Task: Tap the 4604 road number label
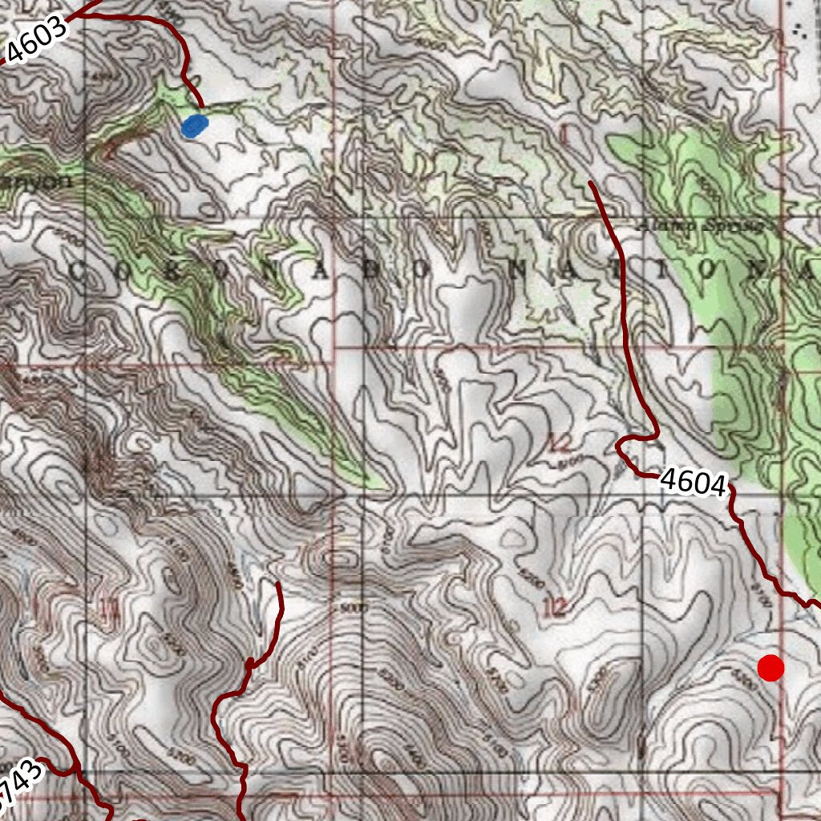tap(694, 483)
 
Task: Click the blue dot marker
tap(195, 126)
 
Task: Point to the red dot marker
tap(770, 668)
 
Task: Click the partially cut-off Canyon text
tap(36, 181)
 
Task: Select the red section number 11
tap(109, 613)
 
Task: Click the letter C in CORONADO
tap(78, 271)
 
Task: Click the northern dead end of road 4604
tap(591, 184)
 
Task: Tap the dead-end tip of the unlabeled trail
tap(278, 584)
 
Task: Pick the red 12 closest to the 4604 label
tap(560, 442)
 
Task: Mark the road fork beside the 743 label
tap(78, 771)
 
